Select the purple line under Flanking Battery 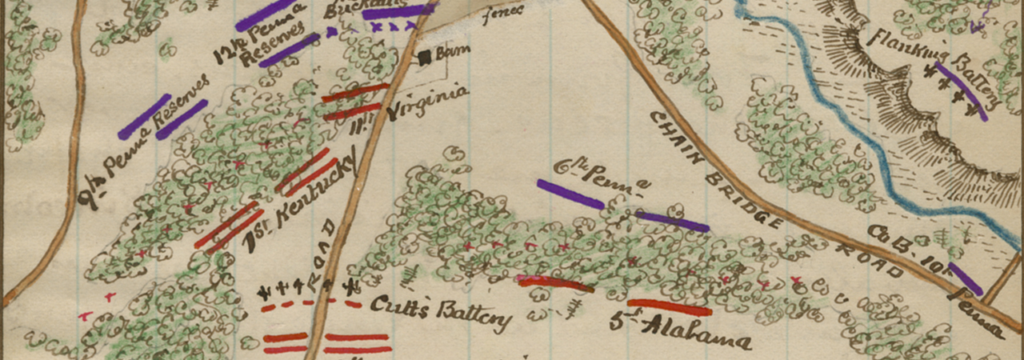961,92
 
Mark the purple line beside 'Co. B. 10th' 965,278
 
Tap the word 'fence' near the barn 504,11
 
